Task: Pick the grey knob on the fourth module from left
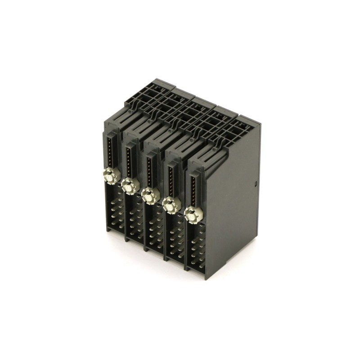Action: click(171, 205)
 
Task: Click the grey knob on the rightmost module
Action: click(192, 215)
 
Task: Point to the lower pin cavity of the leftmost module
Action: click(114, 210)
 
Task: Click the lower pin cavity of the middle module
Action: click(154, 230)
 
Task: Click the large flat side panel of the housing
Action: click(234, 202)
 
